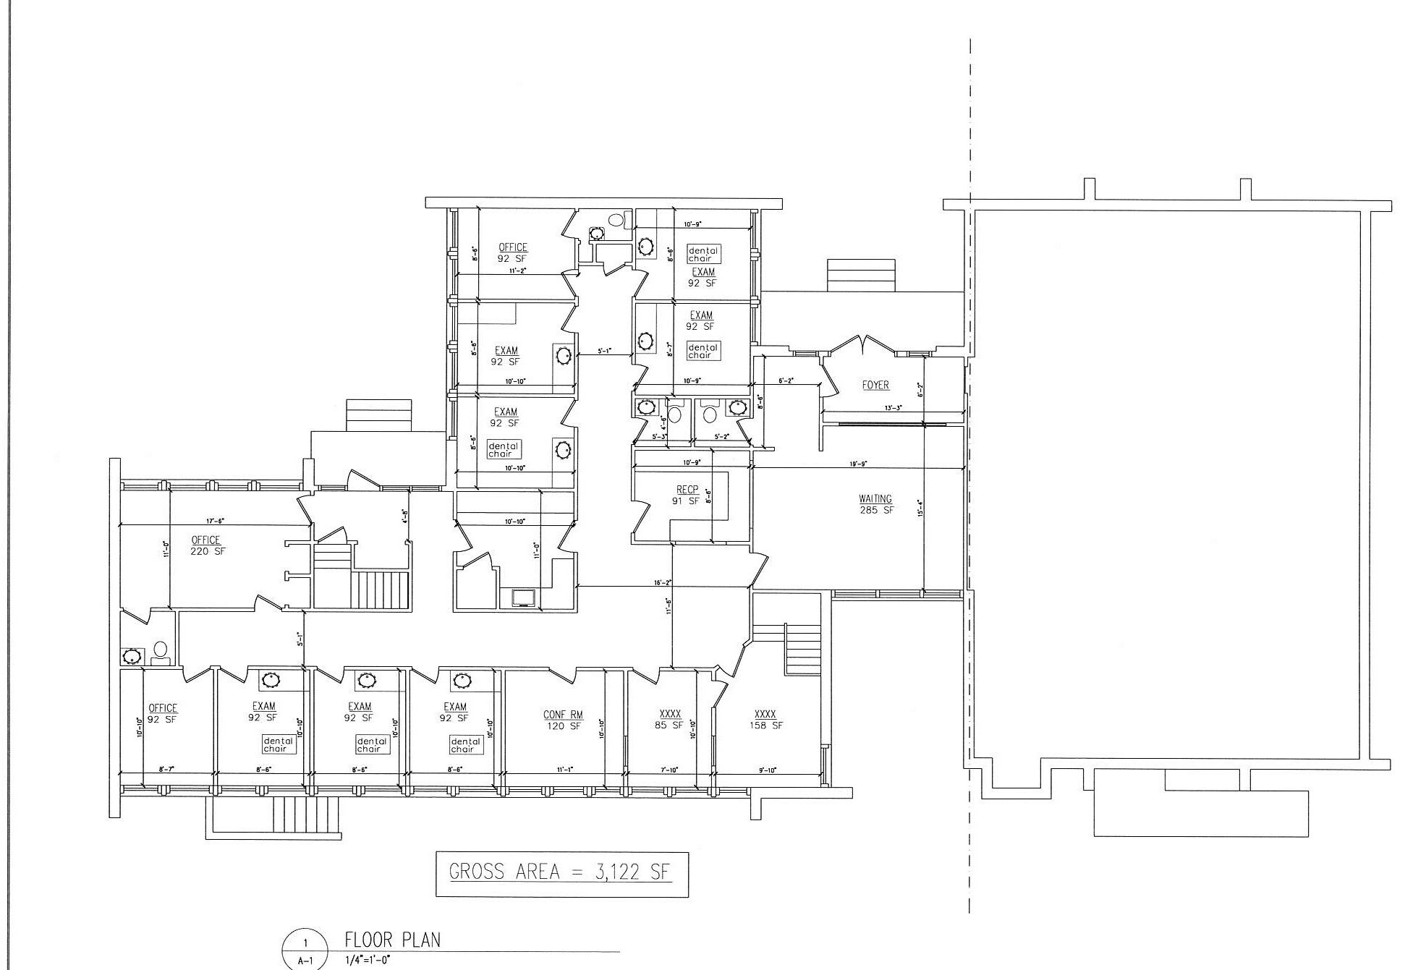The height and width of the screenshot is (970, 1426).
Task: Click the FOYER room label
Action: point(875,386)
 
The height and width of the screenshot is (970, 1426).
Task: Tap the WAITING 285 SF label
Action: point(875,504)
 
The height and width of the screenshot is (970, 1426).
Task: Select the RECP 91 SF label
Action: point(687,495)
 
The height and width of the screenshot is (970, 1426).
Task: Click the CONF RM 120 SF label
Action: point(563,720)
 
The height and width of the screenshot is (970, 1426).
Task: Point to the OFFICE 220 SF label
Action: point(207,545)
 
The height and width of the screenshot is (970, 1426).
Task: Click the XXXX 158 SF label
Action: point(765,720)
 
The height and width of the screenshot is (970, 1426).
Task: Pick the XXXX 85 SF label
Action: point(669,720)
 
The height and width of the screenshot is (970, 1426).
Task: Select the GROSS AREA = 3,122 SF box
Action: point(561,874)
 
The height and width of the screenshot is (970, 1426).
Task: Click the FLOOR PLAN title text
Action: point(393,940)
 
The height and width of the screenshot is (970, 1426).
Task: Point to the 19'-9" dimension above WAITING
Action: point(858,464)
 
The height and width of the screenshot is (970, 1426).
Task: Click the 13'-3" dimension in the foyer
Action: point(893,407)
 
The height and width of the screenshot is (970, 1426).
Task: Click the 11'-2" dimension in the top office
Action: point(517,270)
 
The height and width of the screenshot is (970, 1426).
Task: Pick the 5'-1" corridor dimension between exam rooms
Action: point(604,351)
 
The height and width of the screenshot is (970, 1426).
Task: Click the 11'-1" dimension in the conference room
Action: point(565,770)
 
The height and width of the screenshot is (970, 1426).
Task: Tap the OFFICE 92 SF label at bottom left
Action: point(163,714)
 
